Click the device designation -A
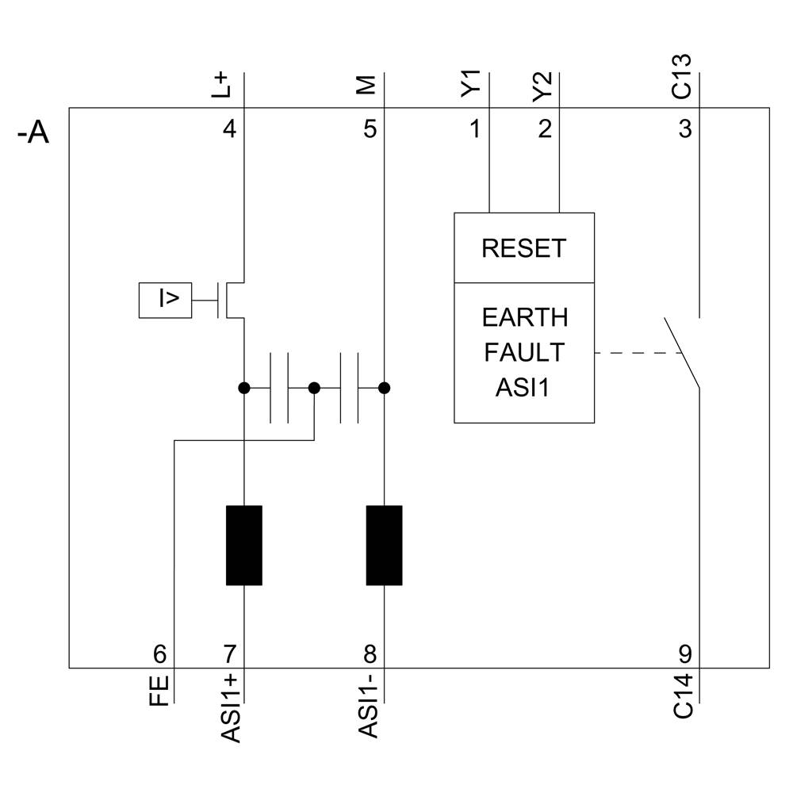tap(33, 133)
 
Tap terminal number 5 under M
tap(370, 128)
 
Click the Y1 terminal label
tap(473, 83)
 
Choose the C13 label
tap(682, 76)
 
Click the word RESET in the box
tap(523, 249)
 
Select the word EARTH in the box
tap(524, 318)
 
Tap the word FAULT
tap(524, 352)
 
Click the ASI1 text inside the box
tap(524, 387)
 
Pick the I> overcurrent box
tap(165, 300)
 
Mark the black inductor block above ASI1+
tap(243, 546)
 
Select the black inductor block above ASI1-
tap(384, 546)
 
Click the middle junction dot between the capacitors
tap(314, 388)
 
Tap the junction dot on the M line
tap(385, 388)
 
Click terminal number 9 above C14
tap(684, 654)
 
